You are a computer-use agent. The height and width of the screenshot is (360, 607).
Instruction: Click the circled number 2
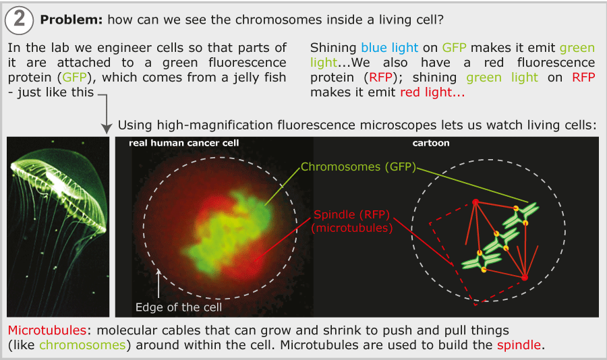[20, 20]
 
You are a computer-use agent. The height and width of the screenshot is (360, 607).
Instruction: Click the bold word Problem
[71, 20]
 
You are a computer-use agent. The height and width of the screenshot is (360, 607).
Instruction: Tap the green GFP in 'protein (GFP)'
[74, 78]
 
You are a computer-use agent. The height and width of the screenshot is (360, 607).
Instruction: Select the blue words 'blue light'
[389, 48]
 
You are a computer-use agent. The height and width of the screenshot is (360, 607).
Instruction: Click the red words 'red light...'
[432, 92]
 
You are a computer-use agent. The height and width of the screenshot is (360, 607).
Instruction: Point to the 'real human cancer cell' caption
[184, 143]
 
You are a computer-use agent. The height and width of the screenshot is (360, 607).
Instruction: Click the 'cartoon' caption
[431, 143]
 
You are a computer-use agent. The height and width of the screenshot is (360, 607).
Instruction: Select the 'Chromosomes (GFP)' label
[358, 167]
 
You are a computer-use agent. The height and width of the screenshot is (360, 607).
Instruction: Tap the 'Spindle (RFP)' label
[351, 214]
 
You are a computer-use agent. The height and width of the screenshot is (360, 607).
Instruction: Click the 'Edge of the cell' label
[179, 307]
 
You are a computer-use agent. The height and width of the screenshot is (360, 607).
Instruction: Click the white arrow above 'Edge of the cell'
[158, 283]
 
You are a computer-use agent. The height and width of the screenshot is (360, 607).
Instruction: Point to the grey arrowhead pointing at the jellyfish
[106, 129]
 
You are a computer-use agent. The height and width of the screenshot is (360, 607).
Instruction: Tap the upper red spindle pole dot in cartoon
[475, 202]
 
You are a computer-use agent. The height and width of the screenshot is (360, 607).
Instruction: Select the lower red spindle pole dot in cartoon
[525, 278]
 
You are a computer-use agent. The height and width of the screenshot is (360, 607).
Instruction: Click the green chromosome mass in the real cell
[229, 233]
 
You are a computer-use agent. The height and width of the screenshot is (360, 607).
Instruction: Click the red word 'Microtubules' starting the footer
[47, 330]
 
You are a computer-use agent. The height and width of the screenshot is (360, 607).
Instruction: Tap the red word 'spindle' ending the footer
[519, 345]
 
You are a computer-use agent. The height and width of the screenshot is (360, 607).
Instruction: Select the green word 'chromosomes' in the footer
[82, 345]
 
